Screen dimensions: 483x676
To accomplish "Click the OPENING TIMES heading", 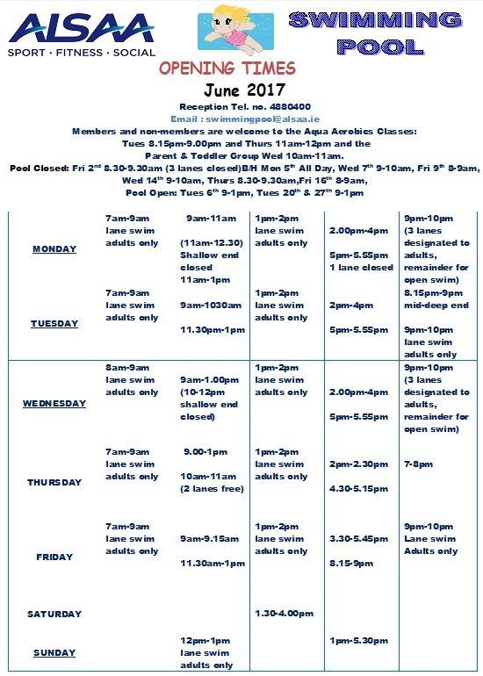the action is pos(227,68).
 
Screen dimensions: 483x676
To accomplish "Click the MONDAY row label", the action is pos(54,249).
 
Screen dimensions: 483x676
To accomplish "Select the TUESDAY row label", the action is pos(54,324).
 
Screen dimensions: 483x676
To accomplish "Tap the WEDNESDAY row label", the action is pos(54,404).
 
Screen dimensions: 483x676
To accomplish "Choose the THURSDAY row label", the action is pos(54,482).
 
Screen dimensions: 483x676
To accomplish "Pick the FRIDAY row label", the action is pos(54,557).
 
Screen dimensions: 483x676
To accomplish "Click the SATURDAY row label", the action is pos(54,614).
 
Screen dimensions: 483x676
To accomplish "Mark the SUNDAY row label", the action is pos(54,653).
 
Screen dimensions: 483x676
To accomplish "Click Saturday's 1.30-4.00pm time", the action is pos(284,614).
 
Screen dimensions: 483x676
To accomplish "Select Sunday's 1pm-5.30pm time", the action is pos(358,641).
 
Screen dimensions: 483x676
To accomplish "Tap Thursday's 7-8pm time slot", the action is pos(418,464).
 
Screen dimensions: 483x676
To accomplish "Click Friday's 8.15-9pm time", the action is pos(351,564).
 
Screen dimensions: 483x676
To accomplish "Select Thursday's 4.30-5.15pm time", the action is pos(358,489).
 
